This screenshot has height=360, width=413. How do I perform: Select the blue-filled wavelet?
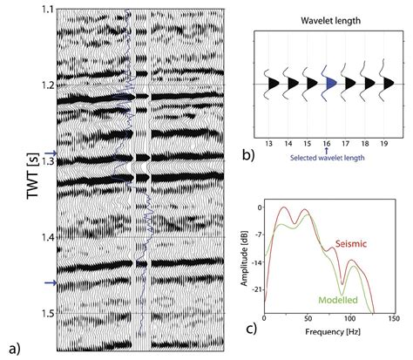331,85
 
